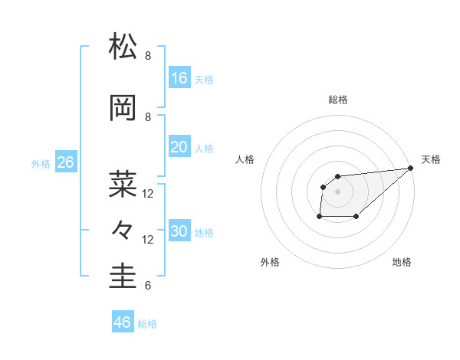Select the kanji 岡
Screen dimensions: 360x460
(123, 109)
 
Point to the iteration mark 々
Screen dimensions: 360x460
(123, 229)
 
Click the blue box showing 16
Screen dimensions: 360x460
(179, 78)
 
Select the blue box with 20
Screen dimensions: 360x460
(179, 147)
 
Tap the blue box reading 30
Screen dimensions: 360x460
(179, 232)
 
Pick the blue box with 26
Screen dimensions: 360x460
(65, 162)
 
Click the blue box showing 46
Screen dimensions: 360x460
(123, 322)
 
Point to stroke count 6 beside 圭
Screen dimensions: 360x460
(148, 286)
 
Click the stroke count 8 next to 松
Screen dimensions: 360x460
(148, 55)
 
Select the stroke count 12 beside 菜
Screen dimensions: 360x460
(148, 194)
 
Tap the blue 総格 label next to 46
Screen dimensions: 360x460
(147, 324)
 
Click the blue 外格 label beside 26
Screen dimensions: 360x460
(41, 164)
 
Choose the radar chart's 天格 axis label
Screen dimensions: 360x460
(431, 159)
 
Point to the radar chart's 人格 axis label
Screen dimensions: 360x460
(245, 159)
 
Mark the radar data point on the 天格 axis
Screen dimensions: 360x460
(411, 168)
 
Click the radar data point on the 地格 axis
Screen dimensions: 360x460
(356, 217)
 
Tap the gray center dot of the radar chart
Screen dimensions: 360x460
(338, 191)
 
